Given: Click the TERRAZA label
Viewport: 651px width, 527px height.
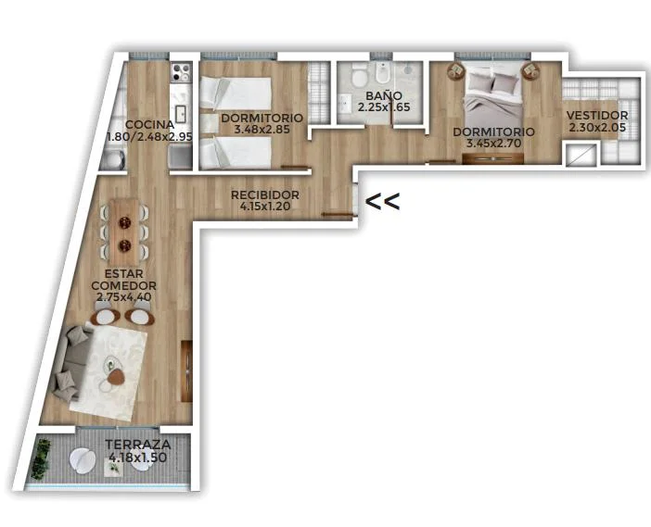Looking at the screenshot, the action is tap(138, 445).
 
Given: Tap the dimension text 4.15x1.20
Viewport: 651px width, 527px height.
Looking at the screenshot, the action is tap(265, 206).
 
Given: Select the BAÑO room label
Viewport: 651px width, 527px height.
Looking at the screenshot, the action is tap(384, 95).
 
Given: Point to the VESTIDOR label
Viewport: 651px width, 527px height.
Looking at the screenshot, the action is tap(597, 115).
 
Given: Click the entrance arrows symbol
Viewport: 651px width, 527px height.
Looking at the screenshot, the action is tap(382, 202).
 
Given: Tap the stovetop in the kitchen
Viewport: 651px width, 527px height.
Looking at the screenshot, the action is tap(181, 72).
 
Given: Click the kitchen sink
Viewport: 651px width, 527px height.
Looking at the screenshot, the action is tap(180, 113).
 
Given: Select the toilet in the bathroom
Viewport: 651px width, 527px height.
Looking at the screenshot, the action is tap(358, 75).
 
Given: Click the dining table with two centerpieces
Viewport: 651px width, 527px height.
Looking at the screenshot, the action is tap(124, 232).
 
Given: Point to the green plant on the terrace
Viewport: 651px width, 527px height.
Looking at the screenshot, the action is tap(42, 459).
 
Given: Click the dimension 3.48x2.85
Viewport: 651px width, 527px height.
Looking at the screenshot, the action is tap(262, 130).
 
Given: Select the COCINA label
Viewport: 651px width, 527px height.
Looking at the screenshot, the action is tap(149, 124).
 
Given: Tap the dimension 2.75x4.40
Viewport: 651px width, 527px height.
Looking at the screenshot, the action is tap(123, 297).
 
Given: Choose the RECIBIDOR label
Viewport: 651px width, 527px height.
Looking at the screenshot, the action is tap(265, 194).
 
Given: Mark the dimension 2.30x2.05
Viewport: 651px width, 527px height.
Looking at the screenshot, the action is tap(597, 127).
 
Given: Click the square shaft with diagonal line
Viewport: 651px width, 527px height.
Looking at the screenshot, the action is tap(581, 154).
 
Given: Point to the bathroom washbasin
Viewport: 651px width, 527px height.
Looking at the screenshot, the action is tap(345, 103).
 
